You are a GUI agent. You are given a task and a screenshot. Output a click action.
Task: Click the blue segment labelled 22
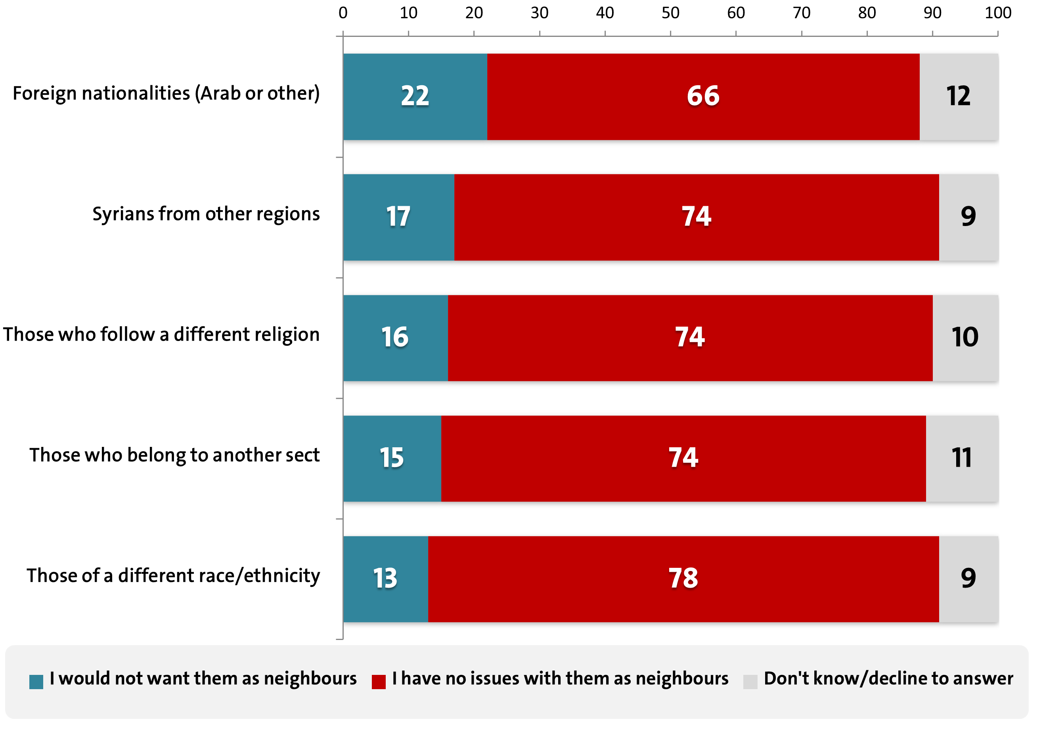click(415, 96)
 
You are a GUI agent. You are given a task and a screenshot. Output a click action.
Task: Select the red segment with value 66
click(703, 96)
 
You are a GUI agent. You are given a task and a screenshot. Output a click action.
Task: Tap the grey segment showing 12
click(959, 96)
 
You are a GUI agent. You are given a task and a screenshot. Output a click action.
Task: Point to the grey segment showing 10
click(965, 337)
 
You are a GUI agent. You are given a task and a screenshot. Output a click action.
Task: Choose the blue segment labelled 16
click(395, 337)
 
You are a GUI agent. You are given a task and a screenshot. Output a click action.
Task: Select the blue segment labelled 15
click(392, 458)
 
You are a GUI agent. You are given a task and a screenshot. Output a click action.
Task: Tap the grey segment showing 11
click(962, 458)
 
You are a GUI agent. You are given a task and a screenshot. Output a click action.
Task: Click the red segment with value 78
click(683, 579)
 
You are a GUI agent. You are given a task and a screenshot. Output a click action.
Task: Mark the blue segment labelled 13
click(385, 579)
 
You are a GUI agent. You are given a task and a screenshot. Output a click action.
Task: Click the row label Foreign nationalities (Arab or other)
click(166, 94)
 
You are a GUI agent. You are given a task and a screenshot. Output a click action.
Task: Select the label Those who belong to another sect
click(174, 455)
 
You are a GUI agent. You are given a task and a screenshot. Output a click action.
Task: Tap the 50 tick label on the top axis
click(670, 13)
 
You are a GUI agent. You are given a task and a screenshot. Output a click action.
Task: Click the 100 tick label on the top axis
click(997, 13)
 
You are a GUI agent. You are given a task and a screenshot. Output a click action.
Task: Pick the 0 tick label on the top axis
click(343, 13)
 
